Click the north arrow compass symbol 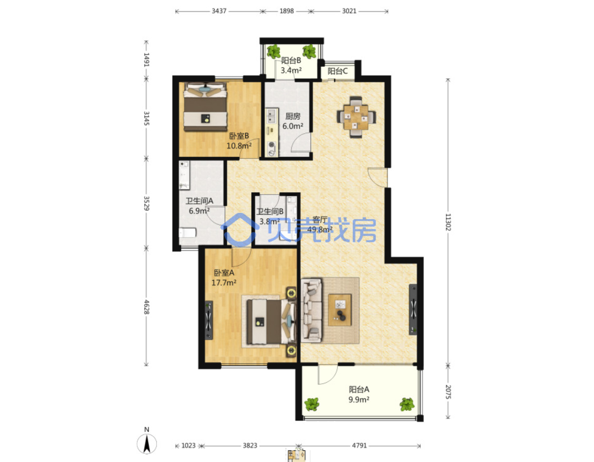coord(146,443)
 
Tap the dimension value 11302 coord(448,222)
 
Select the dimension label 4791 coord(359,445)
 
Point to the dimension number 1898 coord(287,11)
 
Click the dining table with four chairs coord(356,117)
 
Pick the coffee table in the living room coord(339,310)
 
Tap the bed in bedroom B coord(205,107)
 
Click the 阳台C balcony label coord(337,71)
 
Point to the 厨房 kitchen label coord(293,117)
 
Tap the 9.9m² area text coord(359,399)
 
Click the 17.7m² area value coord(224,283)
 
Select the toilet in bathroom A coord(187,232)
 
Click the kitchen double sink coord(271,116)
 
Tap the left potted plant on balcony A coord(312,404)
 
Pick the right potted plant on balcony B coord(309,51)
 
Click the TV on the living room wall coord(413,309)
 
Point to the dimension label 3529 coord(146,203)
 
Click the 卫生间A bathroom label coord(199,201)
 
